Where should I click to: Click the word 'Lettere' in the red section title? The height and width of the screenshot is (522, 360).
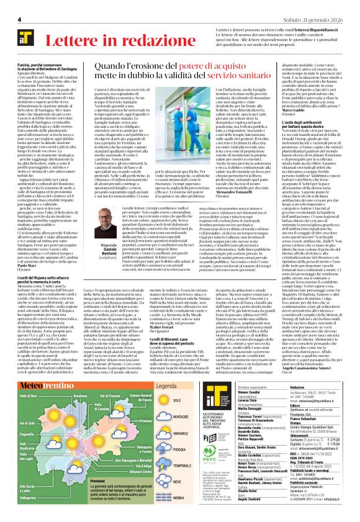[73, 42]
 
